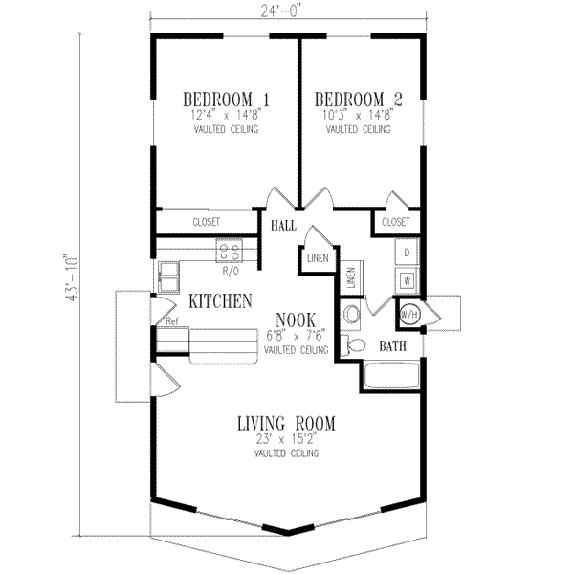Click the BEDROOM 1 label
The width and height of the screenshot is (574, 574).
click(226, 99)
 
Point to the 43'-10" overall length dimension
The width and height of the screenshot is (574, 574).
click(68, 278)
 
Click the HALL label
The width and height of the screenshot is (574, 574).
click(283, 226)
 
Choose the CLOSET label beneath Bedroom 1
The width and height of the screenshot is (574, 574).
click(206, 221)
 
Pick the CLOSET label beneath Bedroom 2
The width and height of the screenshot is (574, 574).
click(395, 221)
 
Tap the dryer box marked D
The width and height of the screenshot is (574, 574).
click(407, 253)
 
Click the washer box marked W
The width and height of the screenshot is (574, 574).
click(407, 281)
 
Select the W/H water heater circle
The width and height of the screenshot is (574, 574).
click(408, 314)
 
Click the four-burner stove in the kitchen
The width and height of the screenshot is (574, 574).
click(230, 252)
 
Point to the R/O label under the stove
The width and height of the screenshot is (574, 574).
click(230, 271)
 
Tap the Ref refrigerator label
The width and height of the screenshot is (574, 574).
click(172, 321)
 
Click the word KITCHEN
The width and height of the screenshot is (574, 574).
click(220, 301)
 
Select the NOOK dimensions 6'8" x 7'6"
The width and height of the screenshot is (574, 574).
click(297, 335)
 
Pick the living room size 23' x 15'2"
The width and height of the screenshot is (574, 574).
click(286, 440)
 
